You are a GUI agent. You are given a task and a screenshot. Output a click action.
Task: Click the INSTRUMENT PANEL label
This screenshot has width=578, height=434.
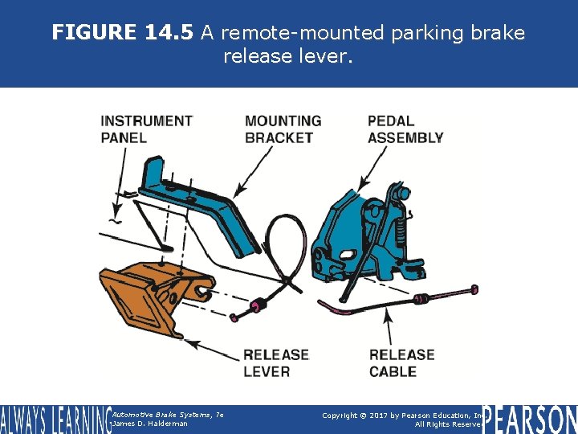click(146, 129)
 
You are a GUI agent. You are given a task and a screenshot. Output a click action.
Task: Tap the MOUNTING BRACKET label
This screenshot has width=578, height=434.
click(283, 129)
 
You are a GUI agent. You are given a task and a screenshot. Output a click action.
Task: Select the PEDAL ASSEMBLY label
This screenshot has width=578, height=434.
click(405, 129)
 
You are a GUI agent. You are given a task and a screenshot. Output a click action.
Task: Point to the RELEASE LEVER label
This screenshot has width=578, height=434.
click(275, 362)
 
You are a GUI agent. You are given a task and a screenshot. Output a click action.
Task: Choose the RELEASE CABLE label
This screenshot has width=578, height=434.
click(401, 362)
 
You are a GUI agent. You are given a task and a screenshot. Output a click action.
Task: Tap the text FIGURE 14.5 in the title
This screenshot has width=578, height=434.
click(123, 33)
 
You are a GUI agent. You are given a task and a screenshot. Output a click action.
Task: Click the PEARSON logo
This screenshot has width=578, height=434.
click(530, 419)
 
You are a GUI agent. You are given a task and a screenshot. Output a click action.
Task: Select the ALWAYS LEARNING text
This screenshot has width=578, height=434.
click(55, 419)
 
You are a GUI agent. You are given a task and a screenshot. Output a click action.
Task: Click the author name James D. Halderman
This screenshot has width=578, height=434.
click(150, 424)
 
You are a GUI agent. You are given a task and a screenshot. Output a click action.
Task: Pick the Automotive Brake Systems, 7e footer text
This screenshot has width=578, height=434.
click(167, 414)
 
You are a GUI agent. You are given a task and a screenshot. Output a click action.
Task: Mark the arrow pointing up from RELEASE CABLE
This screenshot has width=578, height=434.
click(390, 330)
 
